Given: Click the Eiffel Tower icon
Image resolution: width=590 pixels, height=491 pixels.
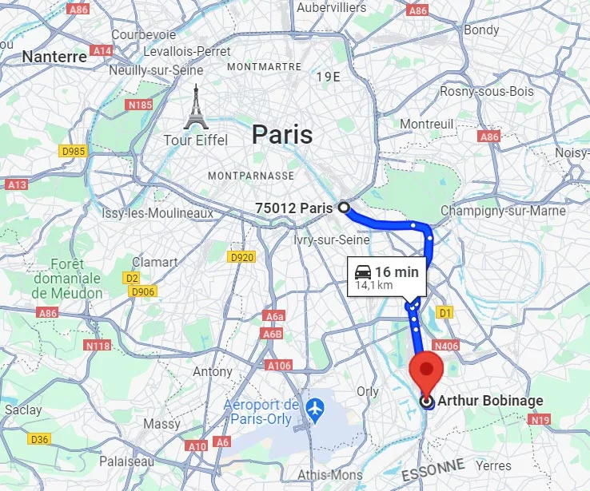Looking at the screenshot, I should (195, 108).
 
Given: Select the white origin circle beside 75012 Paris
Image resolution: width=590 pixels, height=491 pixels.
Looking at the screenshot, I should (344, 208).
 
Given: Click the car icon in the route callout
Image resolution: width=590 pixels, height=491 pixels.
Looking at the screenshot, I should (363, 272).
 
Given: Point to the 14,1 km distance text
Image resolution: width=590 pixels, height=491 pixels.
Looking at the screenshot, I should (374, 285).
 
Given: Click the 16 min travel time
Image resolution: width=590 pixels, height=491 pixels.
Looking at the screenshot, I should (397, 272).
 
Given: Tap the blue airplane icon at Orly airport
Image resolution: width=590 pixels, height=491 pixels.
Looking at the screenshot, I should (316, 407).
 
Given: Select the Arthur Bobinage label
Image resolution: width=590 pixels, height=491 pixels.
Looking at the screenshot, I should (490, 401).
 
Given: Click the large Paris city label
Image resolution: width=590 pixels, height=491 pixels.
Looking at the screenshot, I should (282, 134).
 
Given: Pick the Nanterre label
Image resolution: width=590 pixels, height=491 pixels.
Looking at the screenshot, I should (54, 57).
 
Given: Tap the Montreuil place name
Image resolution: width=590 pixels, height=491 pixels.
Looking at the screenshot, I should (427, 124).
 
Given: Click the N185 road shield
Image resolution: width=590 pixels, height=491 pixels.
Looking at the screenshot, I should (140, 105).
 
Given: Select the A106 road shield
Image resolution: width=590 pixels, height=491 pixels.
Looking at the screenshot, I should (279, 365).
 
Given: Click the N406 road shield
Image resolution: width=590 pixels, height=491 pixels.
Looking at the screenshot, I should (448, 346).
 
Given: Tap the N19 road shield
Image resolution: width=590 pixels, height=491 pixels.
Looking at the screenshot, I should (540, 419).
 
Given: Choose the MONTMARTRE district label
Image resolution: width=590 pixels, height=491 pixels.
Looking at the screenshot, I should (264, 67).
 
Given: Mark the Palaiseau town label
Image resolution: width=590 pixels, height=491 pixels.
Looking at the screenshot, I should (128, 461).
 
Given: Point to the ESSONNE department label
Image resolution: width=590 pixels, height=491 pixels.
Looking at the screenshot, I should (433, 469).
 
